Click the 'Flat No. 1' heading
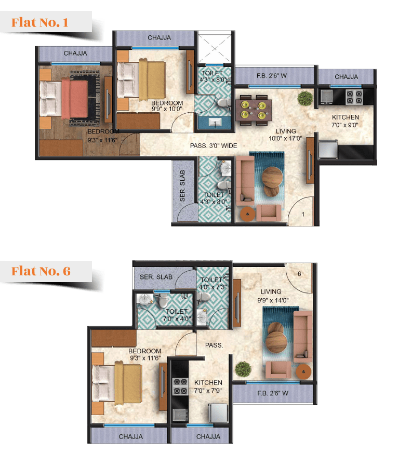coord(40,22)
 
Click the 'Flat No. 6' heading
coord(41,271)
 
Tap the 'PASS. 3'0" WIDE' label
coord(214,146)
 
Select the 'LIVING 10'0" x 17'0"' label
coord(285,135)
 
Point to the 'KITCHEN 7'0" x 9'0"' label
coord(345,121)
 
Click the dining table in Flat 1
coord(254,110)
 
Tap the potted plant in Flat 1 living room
coord(306,98)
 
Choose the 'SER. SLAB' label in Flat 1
coord(182,185)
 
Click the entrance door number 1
coord(303,214)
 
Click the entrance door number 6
coord(299,274)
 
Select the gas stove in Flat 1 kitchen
coord(354,97)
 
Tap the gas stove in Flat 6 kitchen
coord(180,386)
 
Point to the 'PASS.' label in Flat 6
coord(214,345)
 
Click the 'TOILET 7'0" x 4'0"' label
coord(177,315)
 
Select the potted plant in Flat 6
coord(243,369)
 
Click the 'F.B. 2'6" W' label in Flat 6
coord(273,393)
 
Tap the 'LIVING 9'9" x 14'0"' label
coord(273,296)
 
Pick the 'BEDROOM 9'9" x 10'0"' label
coord(167,106)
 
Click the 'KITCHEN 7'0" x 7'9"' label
coord(208,387)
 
